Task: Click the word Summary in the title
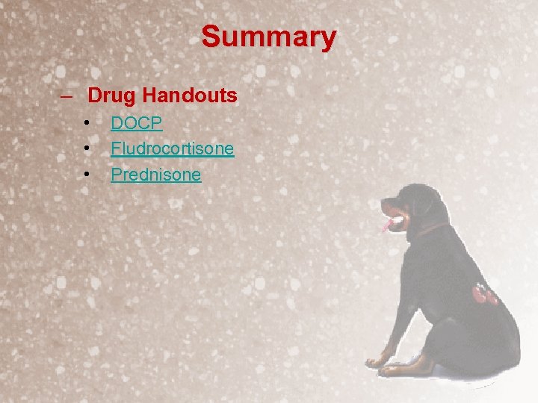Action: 269,36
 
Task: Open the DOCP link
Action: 137,123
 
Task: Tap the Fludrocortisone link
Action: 172,149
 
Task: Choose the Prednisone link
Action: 155,175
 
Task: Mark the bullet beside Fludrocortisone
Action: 87,149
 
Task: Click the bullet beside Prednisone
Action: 87,175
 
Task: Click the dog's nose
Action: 383,201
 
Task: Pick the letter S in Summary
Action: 211,36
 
